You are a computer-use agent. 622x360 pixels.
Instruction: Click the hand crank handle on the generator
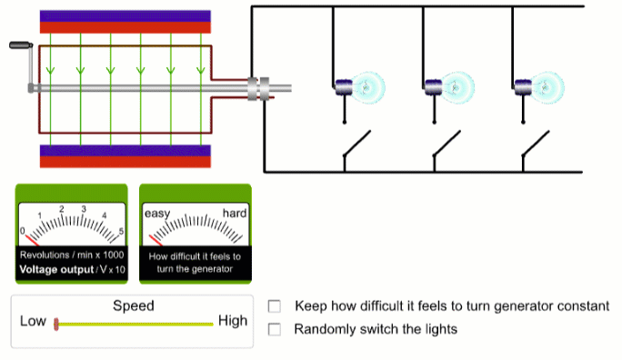[x=19, y=45]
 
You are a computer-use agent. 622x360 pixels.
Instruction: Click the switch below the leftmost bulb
[x=356, y=147]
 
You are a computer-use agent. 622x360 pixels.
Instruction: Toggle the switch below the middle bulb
[x=446, y=147]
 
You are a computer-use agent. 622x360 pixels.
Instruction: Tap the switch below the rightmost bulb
[x=535, y=147]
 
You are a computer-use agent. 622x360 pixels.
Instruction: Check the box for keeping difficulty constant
[x=275, y=307]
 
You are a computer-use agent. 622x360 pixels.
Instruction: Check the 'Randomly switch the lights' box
[x=275, y=329]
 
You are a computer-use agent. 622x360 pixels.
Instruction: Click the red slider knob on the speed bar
[x=56, y=323]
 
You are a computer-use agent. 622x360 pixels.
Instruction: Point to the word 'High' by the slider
[x=232, y=321]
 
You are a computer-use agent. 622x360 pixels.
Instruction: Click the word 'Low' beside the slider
[x=33, y=321]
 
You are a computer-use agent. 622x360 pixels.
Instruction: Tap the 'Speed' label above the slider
[x=133, y=306]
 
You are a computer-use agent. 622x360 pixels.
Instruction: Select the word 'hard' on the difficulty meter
[x=235, y=213]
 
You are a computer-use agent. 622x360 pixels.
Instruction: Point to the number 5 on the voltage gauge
[x=121, y=232]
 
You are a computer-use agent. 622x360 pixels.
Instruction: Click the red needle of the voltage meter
[x=31, y=239]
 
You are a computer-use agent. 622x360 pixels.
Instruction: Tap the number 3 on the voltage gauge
[x=84, y=209]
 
